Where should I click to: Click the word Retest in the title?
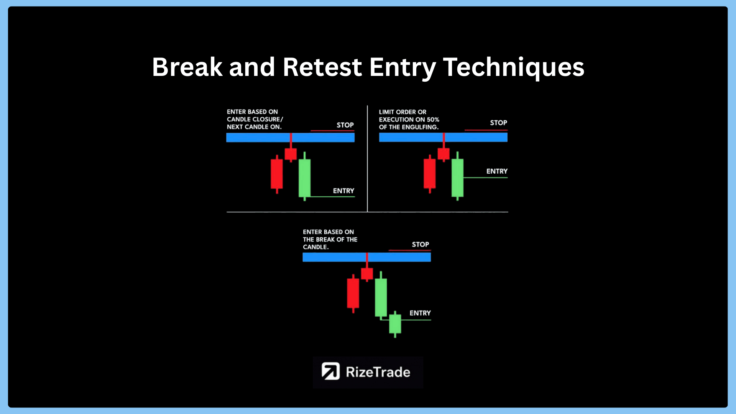[x=322, y=67]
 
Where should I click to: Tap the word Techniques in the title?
[x=514, y=68]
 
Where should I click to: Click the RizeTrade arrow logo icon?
[x=330, y=371]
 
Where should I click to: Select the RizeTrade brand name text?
[x=378, y=372]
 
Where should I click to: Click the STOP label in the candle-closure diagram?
[x=345, y=125]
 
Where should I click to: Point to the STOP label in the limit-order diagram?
[x=498, y=123]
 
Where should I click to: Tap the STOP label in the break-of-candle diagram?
[x=421, y=244]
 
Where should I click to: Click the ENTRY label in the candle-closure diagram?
[x=343, y=191]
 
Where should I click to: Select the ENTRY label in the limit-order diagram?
[x=497, y=171]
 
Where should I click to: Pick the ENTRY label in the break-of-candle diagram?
[x=420, y=313]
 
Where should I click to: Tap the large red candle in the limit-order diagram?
[x=429, y=174]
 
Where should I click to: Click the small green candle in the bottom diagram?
[x=395, y=324]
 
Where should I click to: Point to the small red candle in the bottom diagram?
[x=367, y=273]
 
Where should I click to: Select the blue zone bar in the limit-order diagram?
[x=443, y=137]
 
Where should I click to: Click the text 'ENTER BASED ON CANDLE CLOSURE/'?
[x=255, y=115]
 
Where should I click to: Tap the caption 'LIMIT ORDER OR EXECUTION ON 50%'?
[x=409, y=116]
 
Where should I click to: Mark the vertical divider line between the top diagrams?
[x=367, y=158]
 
